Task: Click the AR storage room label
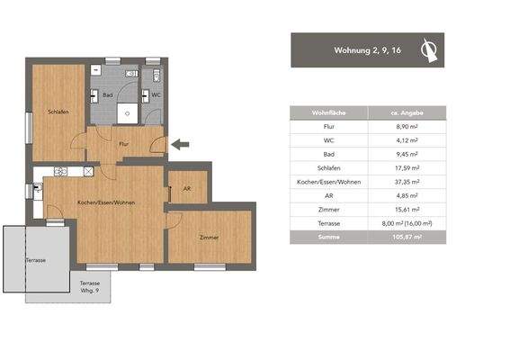(x=186, y=188)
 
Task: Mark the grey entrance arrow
(x=181, y=142)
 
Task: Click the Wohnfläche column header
(x=328, y=112)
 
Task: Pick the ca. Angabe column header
(x=405, y=112)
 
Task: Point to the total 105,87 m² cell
(x=407, y=237)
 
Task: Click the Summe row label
(x=328, y=237)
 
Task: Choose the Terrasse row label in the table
(x=328, y=222)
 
